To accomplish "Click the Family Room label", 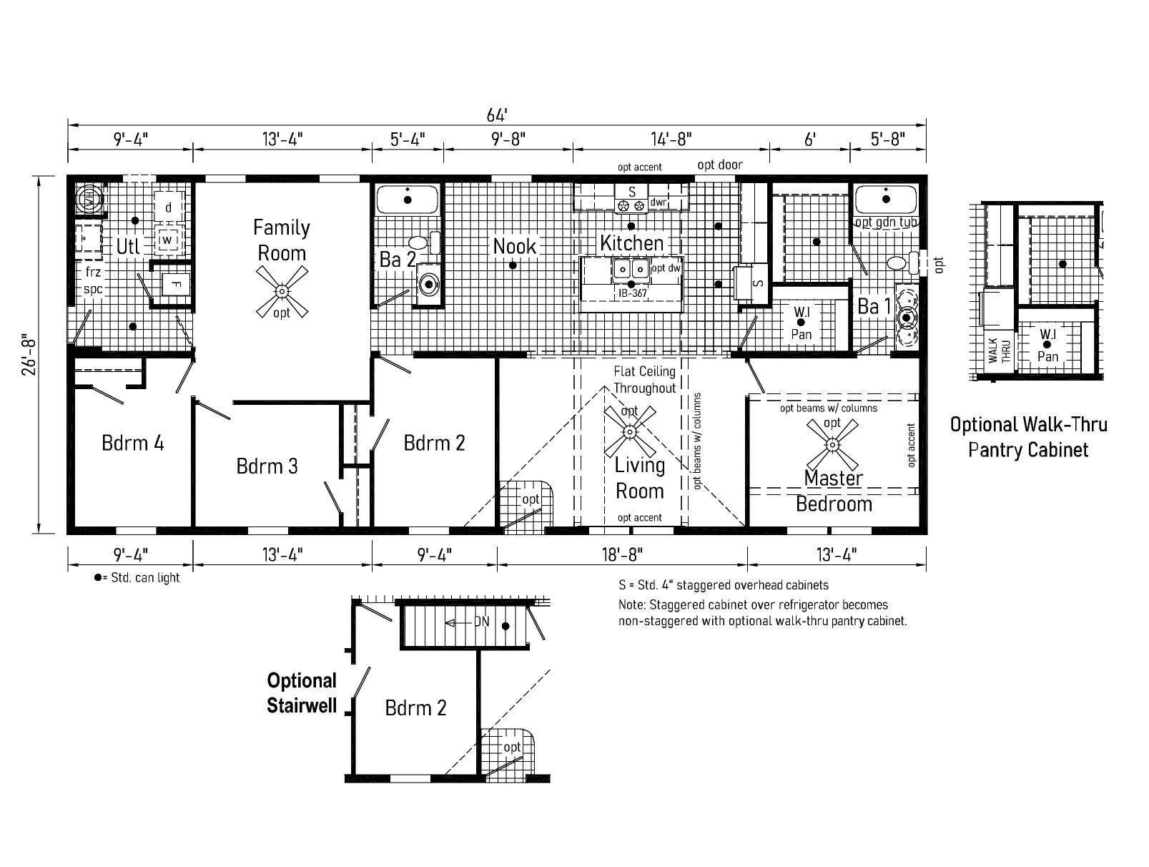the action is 282,240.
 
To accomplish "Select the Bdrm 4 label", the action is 133,443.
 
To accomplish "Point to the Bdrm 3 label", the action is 267,466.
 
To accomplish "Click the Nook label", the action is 515,246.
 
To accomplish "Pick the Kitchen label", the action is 631,243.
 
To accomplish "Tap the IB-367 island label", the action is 632,293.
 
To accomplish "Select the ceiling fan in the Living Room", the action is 630,432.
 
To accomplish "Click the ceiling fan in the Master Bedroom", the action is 832,444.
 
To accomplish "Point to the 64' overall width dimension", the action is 497,114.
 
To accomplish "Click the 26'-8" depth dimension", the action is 29,355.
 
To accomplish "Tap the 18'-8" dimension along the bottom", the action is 622,554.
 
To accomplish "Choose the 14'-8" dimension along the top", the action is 671,139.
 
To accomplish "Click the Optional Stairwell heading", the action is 302,692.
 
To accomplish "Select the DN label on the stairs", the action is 481,622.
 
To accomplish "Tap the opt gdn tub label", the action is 886,222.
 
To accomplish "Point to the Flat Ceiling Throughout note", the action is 644,380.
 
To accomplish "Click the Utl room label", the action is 128,247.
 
